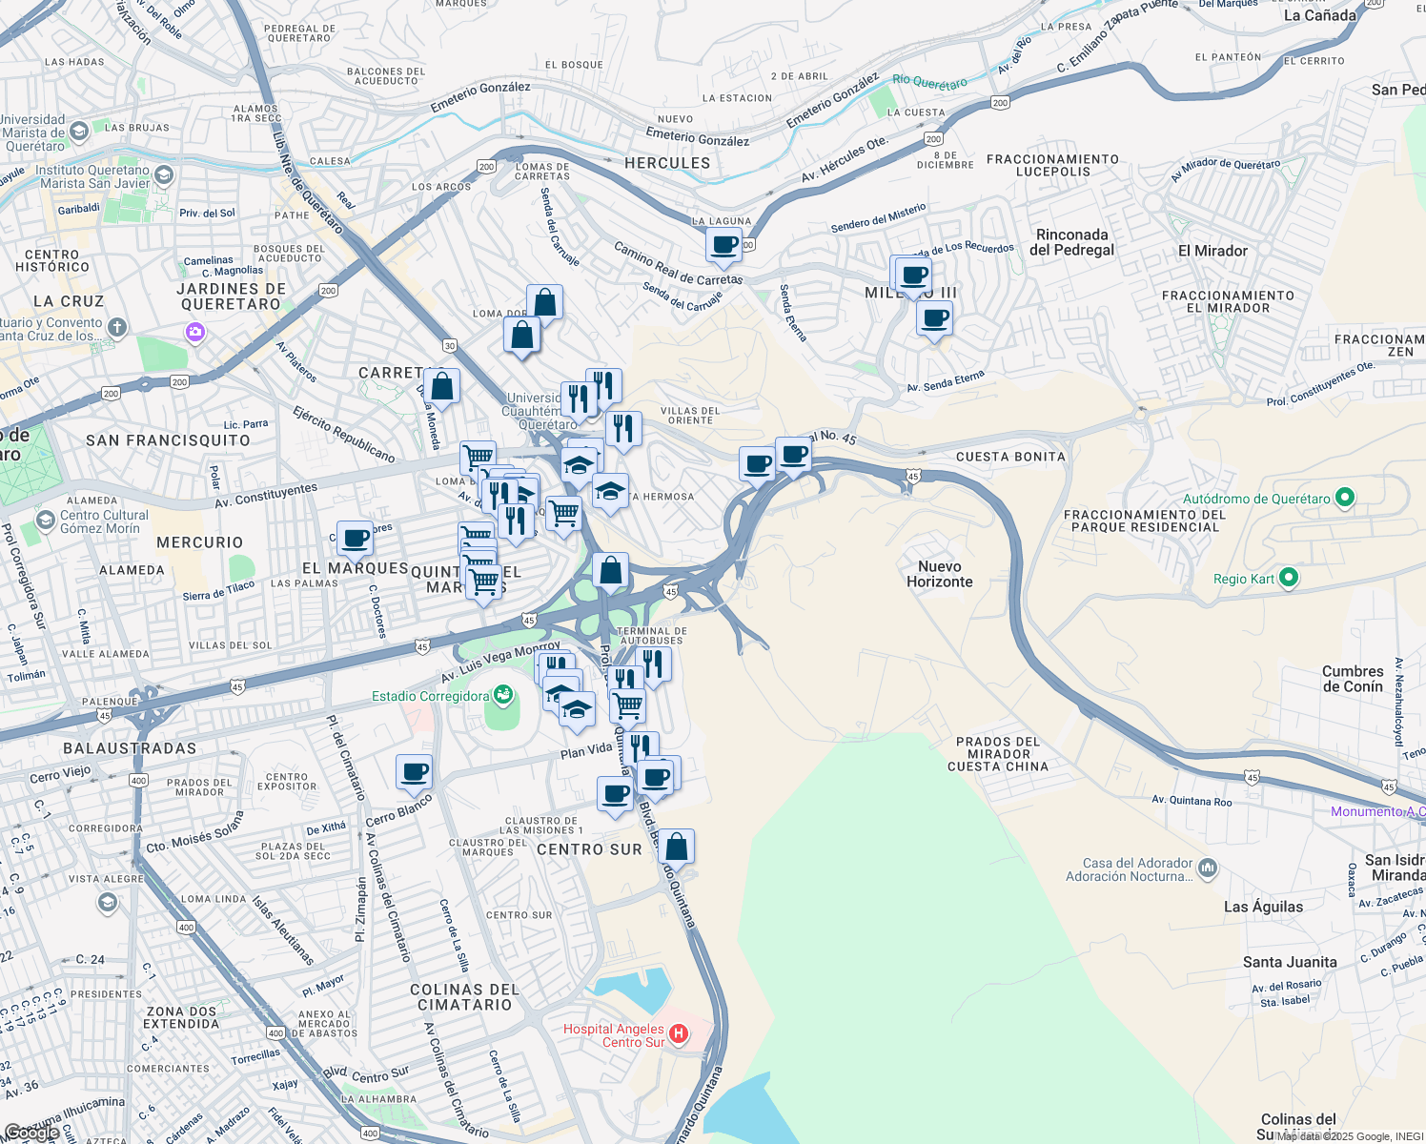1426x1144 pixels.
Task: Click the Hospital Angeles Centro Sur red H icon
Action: click(x=679, y=1033)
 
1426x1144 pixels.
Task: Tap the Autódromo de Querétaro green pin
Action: click(x=1345, y=497)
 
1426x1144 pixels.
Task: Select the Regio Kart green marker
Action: click(x=1289, y=577)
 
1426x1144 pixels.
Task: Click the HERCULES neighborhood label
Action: click(x=667, y=163)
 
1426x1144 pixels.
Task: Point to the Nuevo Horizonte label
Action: click(x=939, y=574)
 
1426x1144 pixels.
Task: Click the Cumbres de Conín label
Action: click(x=1352, y=679)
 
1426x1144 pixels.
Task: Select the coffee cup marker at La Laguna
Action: click(x=723, y=244)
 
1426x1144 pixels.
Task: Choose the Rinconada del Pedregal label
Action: click(x=1071, y=242)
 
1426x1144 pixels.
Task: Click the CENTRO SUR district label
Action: click(x=589, y=849)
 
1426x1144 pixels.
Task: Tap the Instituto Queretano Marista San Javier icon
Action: click(x=164, y=174)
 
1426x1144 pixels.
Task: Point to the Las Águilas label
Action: click(x=1263, y=907)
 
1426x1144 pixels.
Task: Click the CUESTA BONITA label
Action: click(x=1010, y=457)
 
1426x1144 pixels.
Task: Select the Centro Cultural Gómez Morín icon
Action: click(x=45, y=520)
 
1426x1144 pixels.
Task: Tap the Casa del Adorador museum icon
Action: click(x=1208, y=868)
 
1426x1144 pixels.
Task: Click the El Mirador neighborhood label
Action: click(x=1212, y=251)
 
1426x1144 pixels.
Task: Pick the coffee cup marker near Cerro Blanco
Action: click(x=414, y=771)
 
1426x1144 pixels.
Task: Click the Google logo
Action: click(x=31, y=1132)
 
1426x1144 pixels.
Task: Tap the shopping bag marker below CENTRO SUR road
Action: click(x=676, y=846)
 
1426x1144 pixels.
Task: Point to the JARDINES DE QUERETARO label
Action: click(x=231, y=296)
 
